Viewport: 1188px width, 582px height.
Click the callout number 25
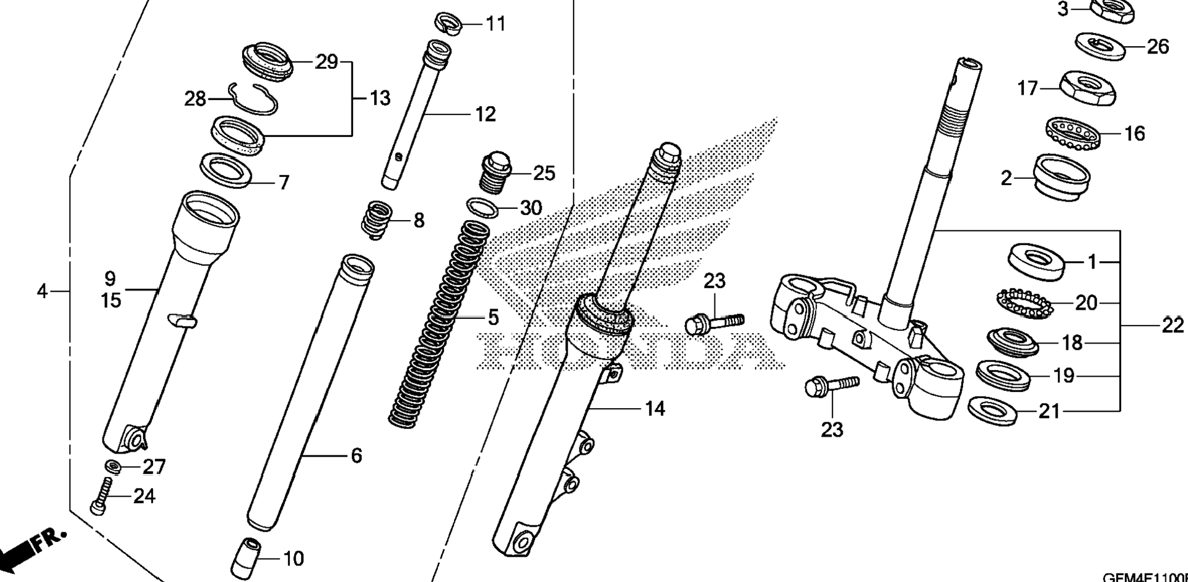click(544, 174)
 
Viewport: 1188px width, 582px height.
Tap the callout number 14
click(655, 409)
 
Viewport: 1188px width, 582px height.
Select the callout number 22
click(1172, 325)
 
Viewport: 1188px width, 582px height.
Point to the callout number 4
click(42, 291)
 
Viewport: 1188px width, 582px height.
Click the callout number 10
click(294, 559)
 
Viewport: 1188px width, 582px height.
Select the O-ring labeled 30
click(484, 208)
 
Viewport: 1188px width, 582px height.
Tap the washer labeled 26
click(1100, 45)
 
